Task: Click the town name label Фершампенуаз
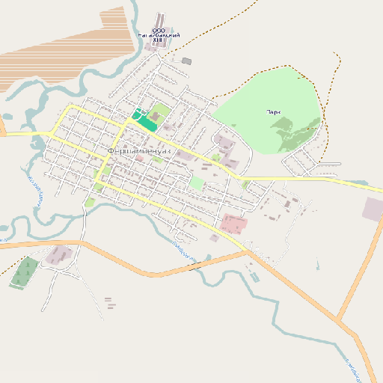pos(140,151)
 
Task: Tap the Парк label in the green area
pos(273,112)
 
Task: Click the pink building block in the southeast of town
pos(233,223)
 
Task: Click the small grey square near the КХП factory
pos(186,61)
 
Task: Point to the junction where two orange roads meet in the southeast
pos(339,320)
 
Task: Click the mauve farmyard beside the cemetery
pos(58,256)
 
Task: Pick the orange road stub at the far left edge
pos(2,134)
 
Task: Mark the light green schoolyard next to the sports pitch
pos(158,115)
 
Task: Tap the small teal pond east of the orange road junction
pos(318,266)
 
